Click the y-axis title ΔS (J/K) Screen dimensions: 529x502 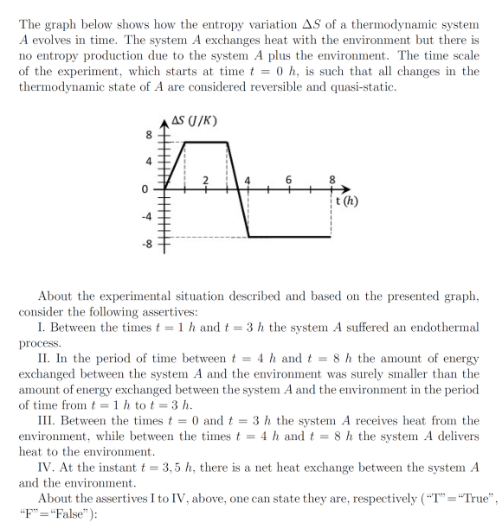pos(194,120)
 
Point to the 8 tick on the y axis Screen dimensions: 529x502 pos(148,135)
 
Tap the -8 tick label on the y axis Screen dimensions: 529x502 pos(146,245)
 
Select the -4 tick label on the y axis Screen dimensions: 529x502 pos(146,216)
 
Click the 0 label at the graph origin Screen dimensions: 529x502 pos(147,188)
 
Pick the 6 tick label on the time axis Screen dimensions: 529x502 pos(290,178)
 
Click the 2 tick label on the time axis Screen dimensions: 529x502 pos(205,179)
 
